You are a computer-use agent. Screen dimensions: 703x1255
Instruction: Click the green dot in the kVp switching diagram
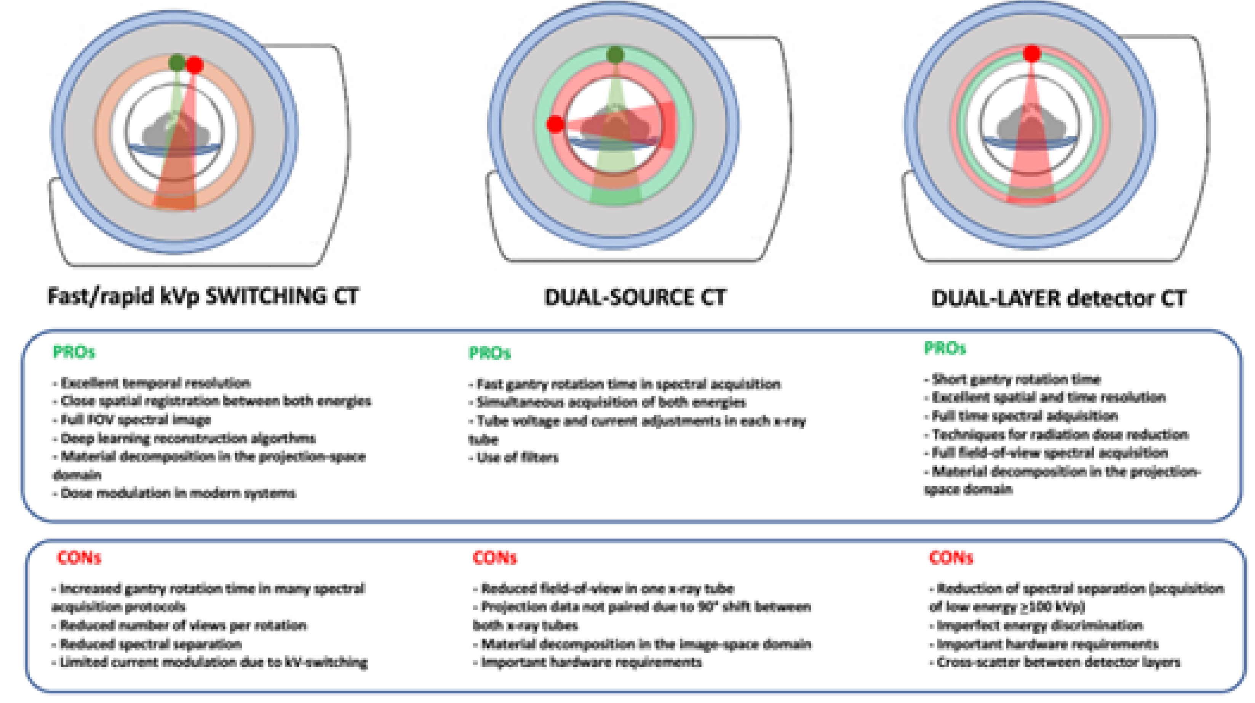[177, 62]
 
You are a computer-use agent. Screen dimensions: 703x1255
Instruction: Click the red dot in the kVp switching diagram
[195, 65]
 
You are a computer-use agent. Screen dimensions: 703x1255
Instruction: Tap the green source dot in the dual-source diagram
[616, 54]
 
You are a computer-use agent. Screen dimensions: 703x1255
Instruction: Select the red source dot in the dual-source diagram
[555, 124]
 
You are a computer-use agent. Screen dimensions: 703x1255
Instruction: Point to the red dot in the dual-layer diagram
[1032, 54]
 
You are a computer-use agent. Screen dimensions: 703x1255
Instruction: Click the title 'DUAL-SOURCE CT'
[635, 297]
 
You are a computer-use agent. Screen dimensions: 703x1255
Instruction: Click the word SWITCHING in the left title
[266, 296]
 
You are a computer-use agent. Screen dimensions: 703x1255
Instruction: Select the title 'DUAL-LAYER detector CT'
[1058, 298]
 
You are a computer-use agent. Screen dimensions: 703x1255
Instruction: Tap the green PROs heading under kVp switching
[74, 352]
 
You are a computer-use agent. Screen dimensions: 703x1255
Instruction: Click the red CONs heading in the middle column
[494, 557]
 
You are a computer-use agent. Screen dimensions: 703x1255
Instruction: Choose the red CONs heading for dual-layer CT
[951, 557]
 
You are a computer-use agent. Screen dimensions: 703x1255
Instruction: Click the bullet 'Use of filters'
[516, 457]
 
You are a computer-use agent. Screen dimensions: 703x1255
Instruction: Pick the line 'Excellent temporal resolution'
[155, 383]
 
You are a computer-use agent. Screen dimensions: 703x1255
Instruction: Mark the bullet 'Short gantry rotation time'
[1015, 379]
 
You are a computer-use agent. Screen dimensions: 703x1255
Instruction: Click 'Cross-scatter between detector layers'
[1057, 662]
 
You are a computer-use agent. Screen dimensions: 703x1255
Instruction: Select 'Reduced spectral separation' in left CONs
[150, 644]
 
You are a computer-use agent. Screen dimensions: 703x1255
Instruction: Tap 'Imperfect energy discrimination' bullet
[1039, 626]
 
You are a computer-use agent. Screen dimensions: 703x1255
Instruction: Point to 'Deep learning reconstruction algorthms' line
[187, 438]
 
